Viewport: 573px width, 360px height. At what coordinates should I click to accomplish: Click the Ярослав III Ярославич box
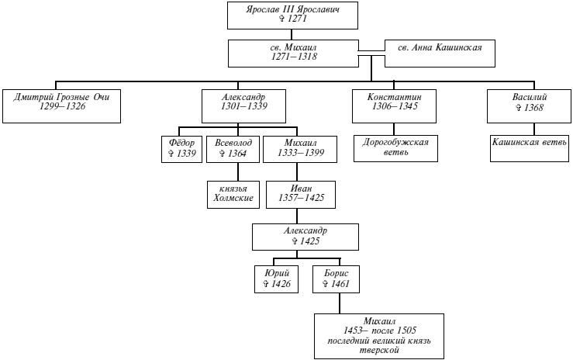294,13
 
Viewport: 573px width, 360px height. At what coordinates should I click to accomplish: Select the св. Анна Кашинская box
440,48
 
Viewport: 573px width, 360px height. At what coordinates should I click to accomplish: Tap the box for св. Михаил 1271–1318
294,52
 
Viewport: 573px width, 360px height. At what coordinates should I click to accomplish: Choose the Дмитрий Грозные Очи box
62,106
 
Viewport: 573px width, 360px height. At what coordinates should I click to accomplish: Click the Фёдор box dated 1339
181,149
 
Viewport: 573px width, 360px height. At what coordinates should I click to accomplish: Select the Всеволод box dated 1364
231,149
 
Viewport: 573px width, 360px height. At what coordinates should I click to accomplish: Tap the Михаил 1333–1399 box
299,149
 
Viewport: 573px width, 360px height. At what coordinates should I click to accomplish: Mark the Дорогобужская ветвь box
394,148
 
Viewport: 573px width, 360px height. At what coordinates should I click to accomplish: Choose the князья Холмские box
233,192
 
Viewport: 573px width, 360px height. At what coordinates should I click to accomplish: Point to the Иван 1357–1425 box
300,192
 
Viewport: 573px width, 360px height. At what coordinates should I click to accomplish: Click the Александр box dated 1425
305,236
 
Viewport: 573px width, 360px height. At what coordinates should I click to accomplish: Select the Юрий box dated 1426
277,279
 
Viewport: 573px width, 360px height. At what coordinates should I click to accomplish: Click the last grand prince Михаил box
379,335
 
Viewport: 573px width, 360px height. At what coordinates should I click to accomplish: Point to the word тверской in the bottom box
379,351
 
